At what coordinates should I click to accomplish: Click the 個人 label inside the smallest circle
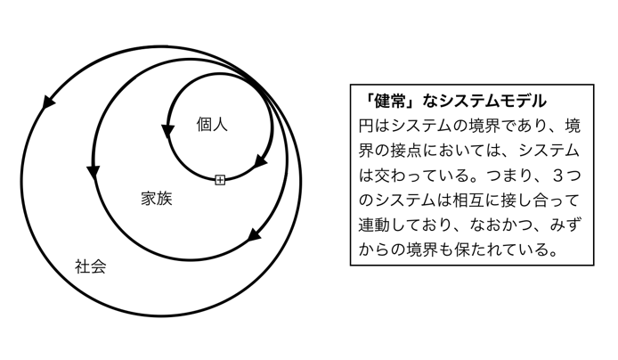click(212, 125)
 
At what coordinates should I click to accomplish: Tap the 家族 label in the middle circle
click(157, 199)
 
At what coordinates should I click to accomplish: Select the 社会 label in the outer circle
click(90, 266)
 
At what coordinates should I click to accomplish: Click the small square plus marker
click(220, 180)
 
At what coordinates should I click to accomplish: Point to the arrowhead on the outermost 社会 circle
click(48, 101)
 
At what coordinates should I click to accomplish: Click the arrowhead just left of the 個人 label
click(168, 131)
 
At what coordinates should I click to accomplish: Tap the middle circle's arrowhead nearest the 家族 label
click(93, 172)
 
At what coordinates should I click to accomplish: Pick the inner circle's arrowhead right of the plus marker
click(260, 161)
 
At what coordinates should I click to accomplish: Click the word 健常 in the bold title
click(389, 101)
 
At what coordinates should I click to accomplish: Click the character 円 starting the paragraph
click(366, 127)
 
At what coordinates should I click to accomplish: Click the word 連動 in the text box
click(374, 225)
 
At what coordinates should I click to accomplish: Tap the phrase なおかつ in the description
click(501, 225)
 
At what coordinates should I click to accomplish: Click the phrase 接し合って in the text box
click(541, 200)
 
